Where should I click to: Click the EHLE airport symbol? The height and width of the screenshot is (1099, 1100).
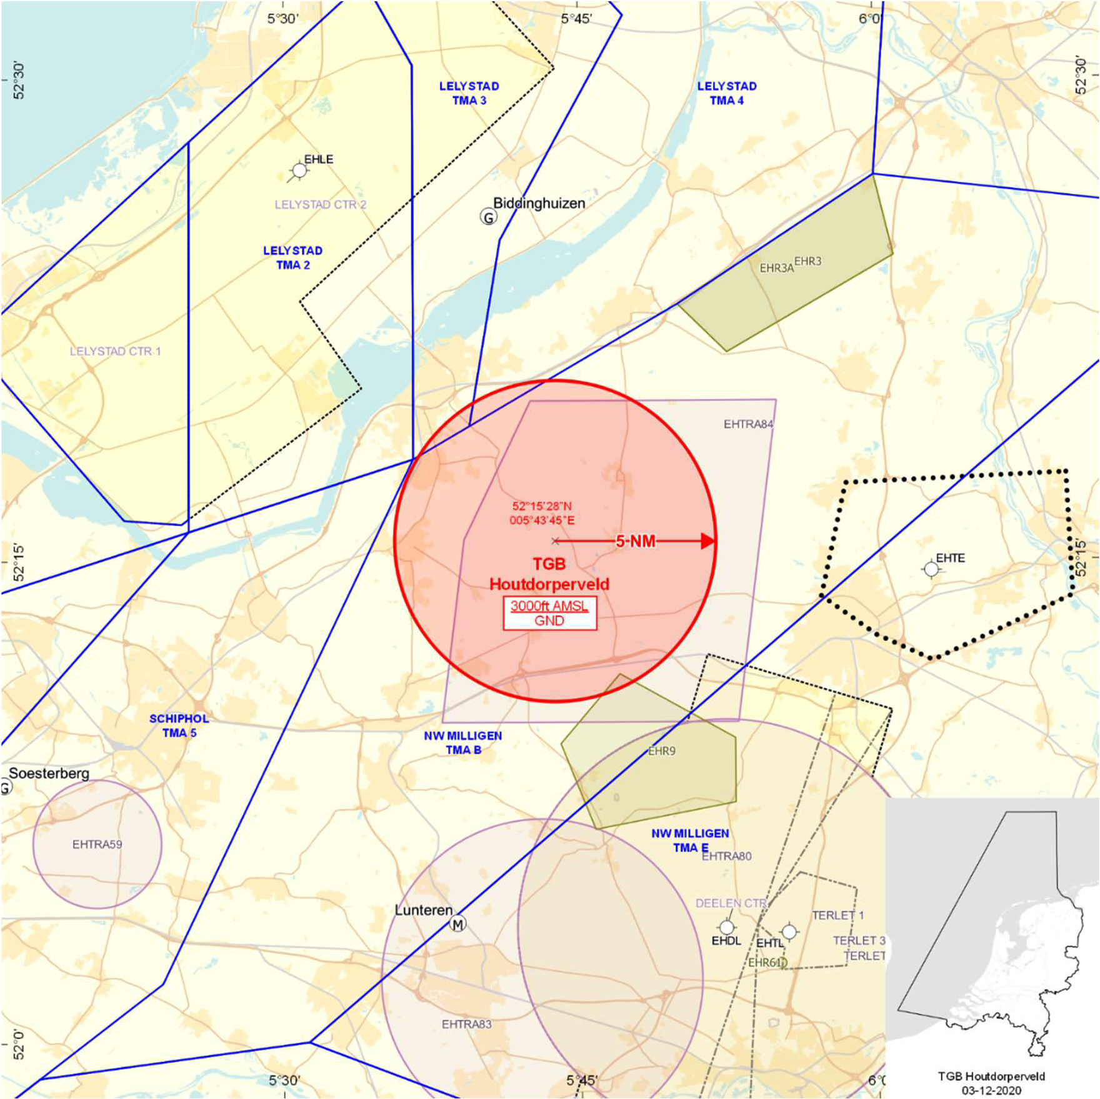tap(299, 171)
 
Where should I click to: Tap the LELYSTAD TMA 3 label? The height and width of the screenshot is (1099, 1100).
tap(469, 93)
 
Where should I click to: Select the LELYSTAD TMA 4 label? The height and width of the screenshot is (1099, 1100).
tap(727, 93)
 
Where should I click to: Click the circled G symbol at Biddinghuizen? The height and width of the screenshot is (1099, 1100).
tap(488, 217)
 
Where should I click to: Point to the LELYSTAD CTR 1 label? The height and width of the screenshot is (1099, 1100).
tap(115, 351)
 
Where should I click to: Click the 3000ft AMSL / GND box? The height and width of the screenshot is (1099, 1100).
tap(549, 613)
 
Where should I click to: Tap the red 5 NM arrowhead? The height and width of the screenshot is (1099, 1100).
tap(708, 541)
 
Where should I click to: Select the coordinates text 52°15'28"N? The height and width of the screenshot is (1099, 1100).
tap(542, 506)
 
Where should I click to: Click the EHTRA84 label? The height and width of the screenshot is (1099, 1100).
tap(748, 424)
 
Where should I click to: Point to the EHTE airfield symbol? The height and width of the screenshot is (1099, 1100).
tap(931, 569)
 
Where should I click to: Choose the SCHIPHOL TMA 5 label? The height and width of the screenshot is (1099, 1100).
tap(179, 725)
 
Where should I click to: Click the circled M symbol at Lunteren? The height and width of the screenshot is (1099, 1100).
tap(458, 923)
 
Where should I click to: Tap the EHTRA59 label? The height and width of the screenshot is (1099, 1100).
tap(97, 844)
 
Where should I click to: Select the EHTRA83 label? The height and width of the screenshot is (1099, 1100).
tap(466, 1024)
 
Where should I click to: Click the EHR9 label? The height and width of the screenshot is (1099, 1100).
tap(661, 751)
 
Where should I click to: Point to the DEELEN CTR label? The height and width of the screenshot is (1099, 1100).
tap(731, 903)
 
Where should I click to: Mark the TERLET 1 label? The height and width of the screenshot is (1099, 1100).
tap(837, 915)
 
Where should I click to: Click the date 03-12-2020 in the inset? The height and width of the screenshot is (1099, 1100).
tap(991, 1090)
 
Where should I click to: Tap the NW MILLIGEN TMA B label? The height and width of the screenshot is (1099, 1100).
tap(463, 742)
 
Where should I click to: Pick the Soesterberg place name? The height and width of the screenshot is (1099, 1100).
tap(49, 773)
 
